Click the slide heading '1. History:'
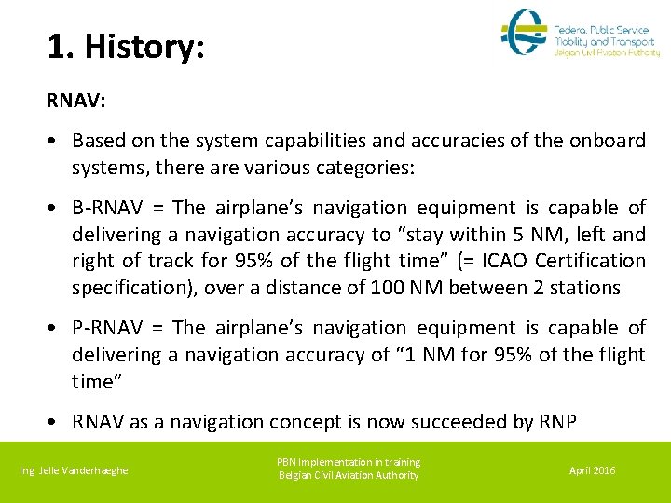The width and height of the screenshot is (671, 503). tap(125, 47)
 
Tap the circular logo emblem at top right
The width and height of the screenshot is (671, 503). tap(525, 34)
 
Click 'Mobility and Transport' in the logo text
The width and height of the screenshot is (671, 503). tap(604, 42)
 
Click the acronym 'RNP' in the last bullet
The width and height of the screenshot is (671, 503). tap(556, 422)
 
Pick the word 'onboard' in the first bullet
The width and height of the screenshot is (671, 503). tap(609, 141)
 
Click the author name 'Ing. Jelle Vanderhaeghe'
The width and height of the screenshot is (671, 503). tap(74, 470)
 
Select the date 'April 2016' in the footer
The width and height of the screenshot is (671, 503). tap(592, 470)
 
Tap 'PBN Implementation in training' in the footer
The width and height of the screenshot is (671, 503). tap(349, 462)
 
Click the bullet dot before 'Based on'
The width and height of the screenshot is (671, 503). tap(57, 142)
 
